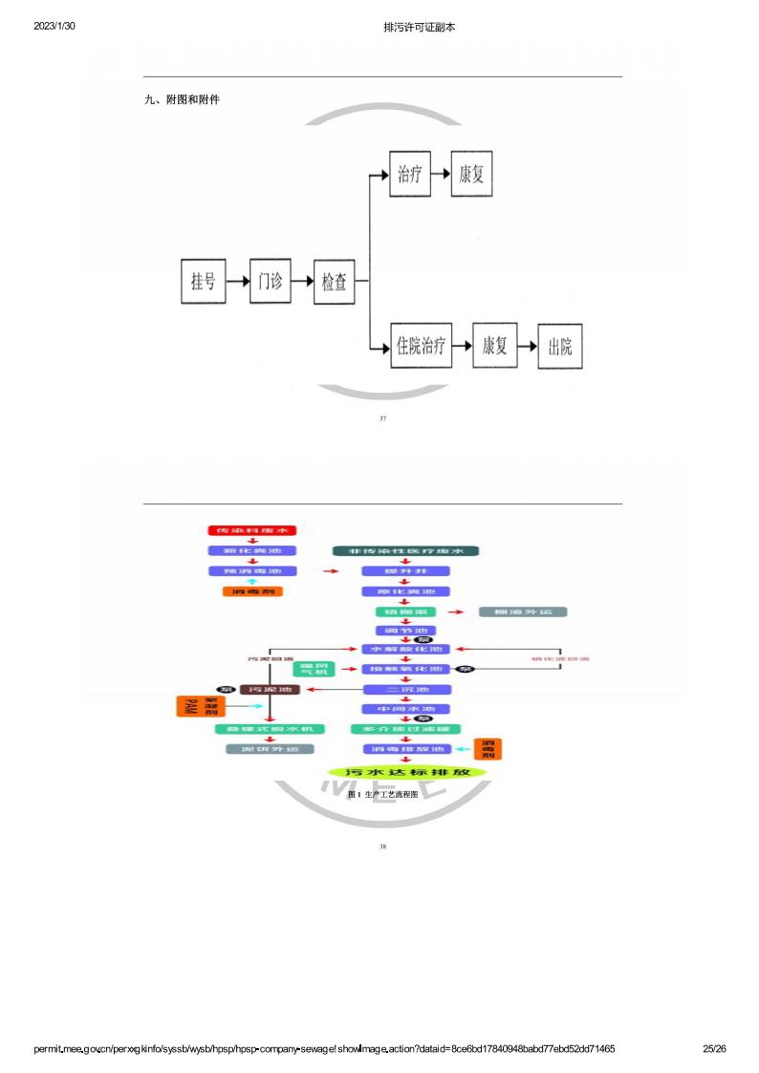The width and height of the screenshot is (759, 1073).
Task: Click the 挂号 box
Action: [203, 281]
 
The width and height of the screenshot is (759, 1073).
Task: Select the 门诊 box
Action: [270, 281]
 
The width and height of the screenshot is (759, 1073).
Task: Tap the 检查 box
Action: [335, 282]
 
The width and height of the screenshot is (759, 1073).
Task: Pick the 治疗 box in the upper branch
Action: [409, 175]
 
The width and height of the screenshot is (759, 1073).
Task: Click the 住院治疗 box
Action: [422, 346]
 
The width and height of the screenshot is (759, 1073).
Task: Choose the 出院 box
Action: [560, 346]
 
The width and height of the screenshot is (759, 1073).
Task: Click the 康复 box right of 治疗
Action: [472, 175]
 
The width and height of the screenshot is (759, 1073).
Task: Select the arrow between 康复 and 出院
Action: [528, 346]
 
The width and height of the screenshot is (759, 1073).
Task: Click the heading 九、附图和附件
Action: [182, 99]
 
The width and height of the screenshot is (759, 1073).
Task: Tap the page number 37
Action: [382, 418]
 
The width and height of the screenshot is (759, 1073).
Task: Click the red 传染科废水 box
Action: [252, 530]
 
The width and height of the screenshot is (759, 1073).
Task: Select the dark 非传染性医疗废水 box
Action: [405, 551]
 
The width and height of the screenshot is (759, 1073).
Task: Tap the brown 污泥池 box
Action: [270, 688]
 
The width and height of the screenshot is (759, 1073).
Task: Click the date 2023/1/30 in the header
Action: [54, 27]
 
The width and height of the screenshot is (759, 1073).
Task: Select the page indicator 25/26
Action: [714, 1048]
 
